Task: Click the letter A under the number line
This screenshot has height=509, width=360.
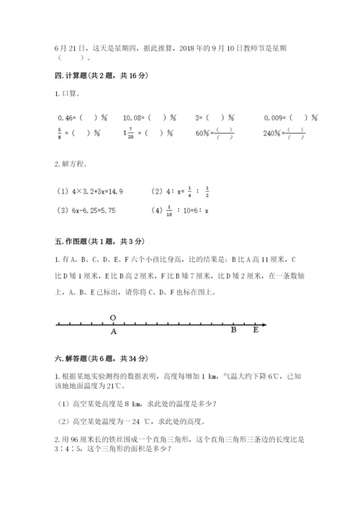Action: tap(113, 332)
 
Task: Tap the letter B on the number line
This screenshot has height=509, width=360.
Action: tap(234, 331)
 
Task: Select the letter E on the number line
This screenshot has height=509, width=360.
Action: tap(256, 331)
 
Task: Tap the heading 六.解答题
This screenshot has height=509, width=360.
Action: tap(91, 358)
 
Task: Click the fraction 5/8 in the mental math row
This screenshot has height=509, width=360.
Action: tap(58, 132)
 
